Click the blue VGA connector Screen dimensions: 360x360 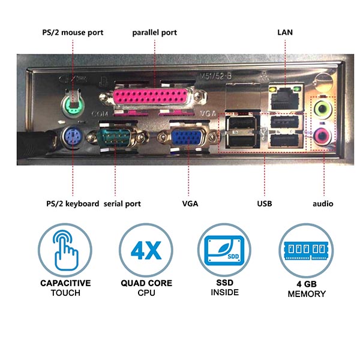187,137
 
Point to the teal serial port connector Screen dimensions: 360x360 115,137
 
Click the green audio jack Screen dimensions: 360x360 322,107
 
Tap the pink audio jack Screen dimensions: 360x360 322,136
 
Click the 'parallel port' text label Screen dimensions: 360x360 155,32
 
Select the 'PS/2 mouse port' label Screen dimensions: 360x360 73,32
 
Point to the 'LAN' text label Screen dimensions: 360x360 285,32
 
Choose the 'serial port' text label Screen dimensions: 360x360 122,204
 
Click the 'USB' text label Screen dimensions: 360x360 265,203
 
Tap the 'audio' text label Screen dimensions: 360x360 323,203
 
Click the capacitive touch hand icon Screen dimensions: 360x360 65,250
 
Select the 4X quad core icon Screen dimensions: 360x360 146,250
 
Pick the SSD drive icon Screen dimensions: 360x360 224,250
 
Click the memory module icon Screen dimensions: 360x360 306,250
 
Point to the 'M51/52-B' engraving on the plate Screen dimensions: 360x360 215,76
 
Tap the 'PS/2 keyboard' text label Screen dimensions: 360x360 73,204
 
